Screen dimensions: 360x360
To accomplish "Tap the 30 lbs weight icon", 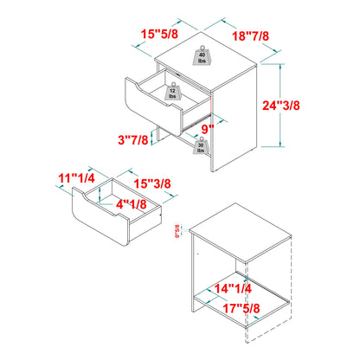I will (x=200, y=144).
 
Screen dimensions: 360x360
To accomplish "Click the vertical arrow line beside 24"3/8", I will (x=282, y=105).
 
